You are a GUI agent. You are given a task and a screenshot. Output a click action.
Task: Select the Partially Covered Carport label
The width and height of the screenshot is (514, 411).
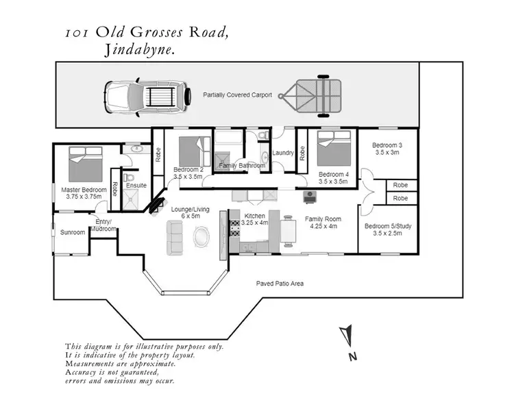(237, 95)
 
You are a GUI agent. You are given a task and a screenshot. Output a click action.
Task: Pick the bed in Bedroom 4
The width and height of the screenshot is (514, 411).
(335, 149)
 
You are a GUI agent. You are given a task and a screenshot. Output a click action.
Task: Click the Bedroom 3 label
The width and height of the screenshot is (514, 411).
(387, 145)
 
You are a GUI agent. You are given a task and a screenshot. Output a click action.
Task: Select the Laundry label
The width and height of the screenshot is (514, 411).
(283, 153)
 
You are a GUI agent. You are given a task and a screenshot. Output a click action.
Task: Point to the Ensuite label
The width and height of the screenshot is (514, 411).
(136, 186)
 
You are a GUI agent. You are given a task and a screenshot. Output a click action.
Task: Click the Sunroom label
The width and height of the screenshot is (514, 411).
(73, 233)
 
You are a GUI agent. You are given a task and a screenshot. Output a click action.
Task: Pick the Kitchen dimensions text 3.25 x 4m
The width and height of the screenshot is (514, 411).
(254, 223)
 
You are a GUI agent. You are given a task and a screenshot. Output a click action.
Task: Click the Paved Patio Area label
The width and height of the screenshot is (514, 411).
(280, 283)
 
